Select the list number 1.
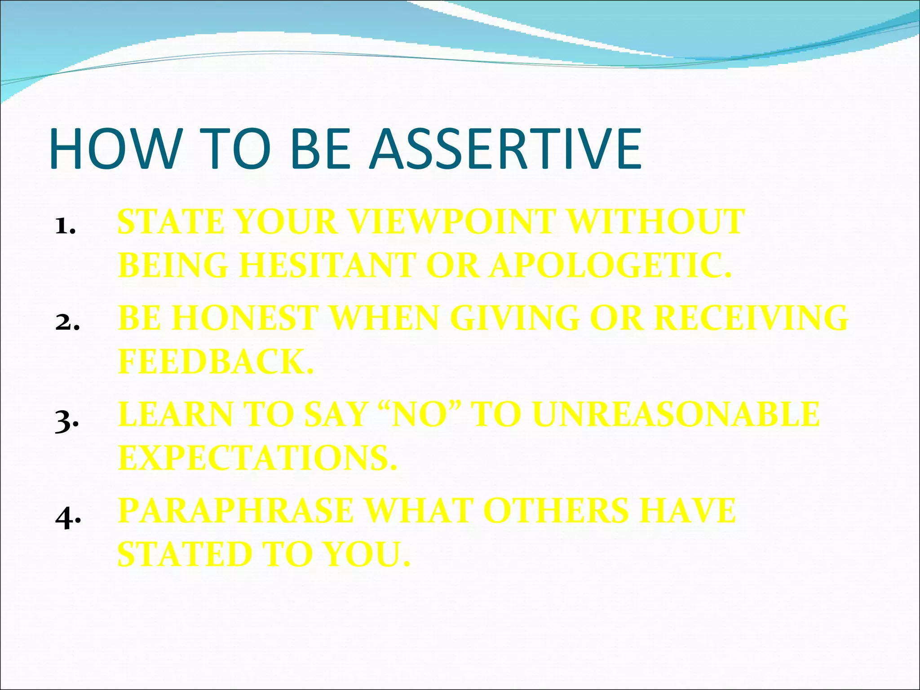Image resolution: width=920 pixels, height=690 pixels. (x=65, y=226)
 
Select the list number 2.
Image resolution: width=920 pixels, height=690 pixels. (x=67, y=323)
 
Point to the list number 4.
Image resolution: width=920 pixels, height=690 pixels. (x=67, y=518)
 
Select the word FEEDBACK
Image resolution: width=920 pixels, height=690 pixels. (x=215, y=362)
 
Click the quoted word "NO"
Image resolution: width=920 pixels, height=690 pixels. (x=420, y=414)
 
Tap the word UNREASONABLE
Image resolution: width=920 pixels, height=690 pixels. (x=677, y=414)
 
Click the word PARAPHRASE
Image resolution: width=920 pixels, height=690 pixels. (x=235, y=511)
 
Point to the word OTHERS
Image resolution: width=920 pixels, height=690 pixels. (x=556, y=511)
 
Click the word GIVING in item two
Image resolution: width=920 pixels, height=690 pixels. (x=515, y=318)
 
